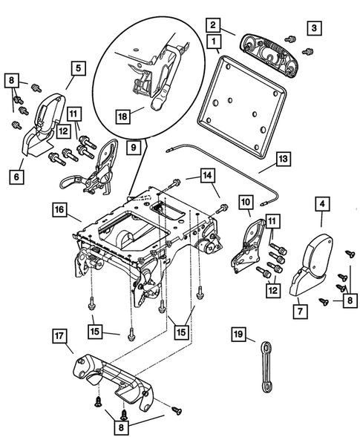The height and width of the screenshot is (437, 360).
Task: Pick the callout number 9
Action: point(133,148)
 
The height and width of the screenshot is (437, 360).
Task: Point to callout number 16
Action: point(61,210)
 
